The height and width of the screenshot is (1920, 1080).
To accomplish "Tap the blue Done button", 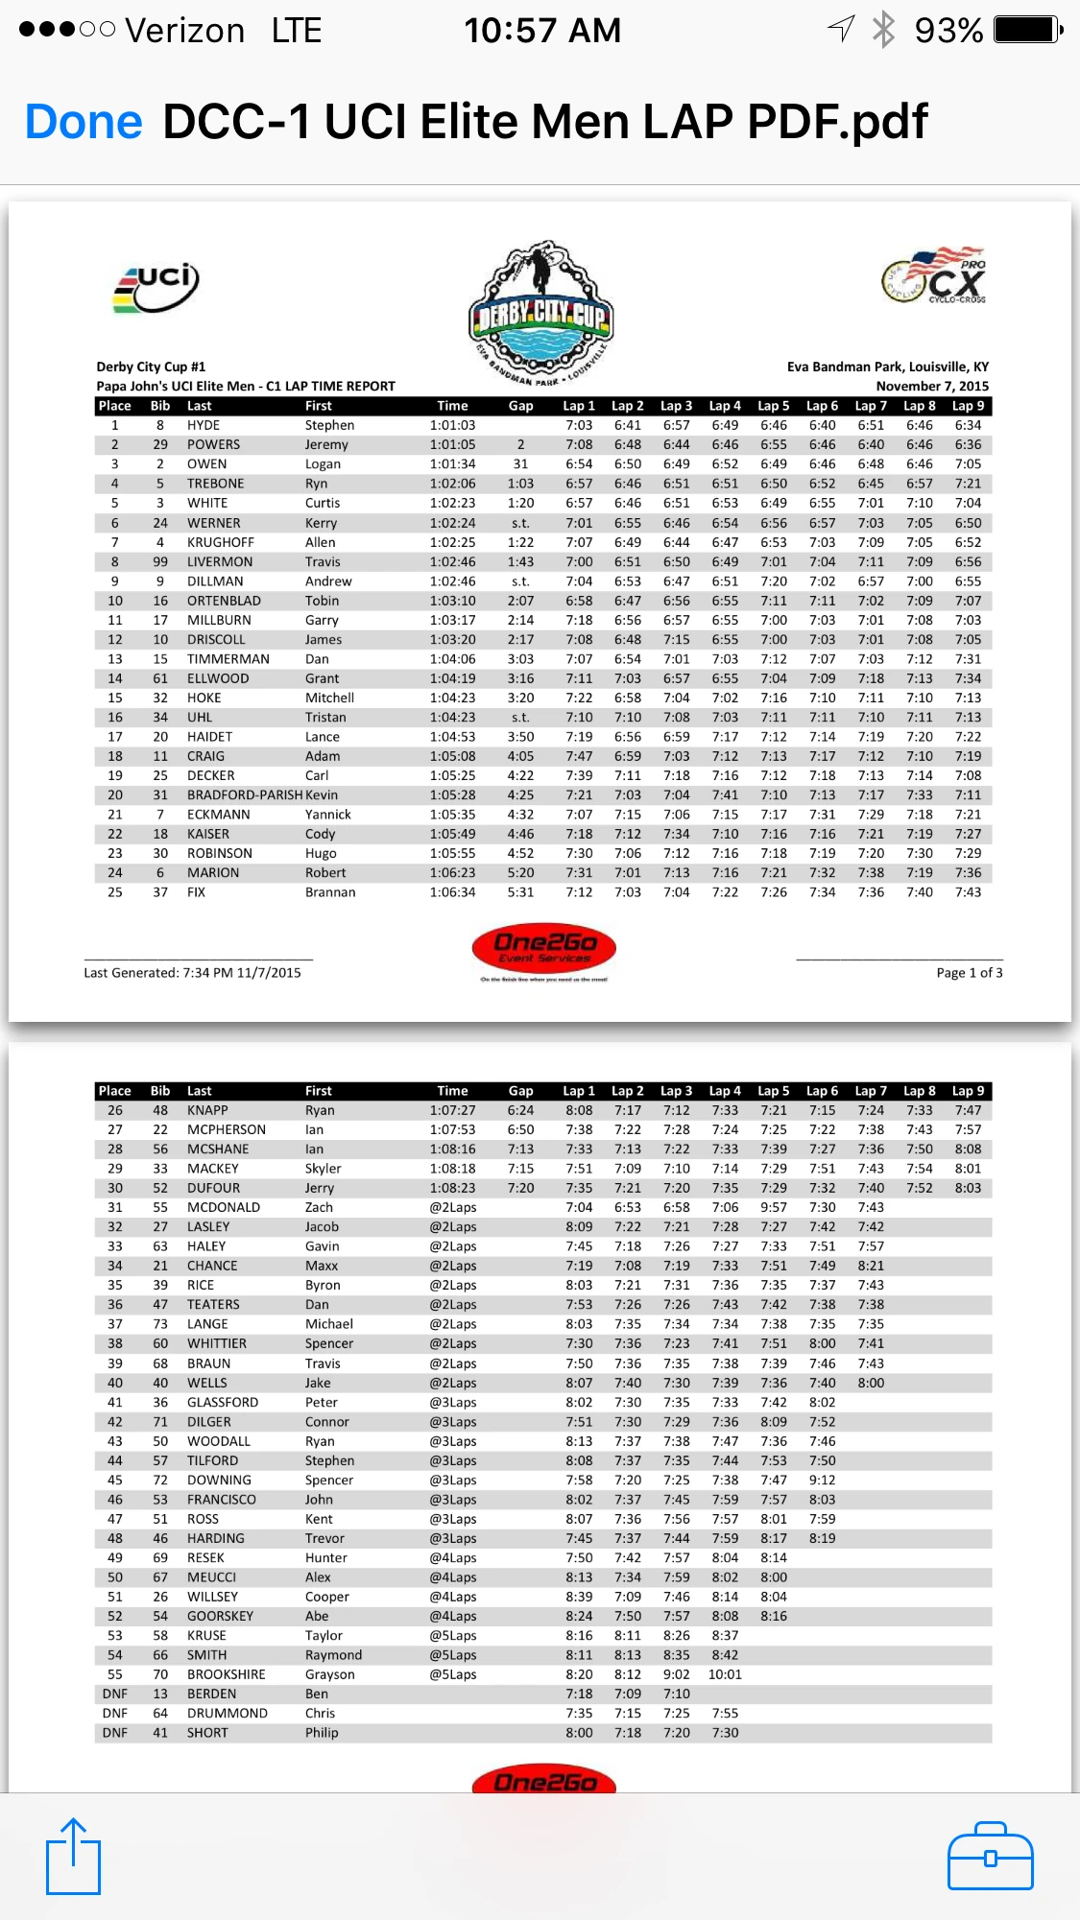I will [84, 122].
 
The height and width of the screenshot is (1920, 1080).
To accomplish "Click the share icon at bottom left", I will [73, 1857].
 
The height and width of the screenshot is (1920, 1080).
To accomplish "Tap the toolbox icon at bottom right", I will [990, 1857].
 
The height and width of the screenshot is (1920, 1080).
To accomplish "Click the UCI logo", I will [156, 287].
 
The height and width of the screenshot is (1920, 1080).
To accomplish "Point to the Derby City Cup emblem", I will [541, 312].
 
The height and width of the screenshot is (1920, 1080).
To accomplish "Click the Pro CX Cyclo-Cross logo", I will [935, 276].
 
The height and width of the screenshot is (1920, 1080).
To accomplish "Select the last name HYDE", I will [204, 425].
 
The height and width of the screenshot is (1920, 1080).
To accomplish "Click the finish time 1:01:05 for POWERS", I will [452, 444].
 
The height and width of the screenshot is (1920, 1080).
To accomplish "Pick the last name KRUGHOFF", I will [221, 542].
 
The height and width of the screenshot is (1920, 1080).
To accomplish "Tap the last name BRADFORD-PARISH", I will [244, 794].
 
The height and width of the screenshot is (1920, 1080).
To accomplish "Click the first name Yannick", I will [328, 815].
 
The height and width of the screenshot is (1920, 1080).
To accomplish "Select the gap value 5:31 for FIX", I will [520, 892].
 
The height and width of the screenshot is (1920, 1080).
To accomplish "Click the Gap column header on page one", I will [520, 406].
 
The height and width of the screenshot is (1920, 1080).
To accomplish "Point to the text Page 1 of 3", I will [969, 973].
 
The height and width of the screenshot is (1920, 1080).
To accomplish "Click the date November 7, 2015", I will [931, 386].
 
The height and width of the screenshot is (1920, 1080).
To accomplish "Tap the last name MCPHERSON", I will [227, 1129].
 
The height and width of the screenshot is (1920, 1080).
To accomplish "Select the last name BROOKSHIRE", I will [227, 1674].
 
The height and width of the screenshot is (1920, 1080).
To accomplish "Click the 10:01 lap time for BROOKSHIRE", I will [725, 1674].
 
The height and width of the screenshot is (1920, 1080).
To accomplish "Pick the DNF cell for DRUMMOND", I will [115, 1713].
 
